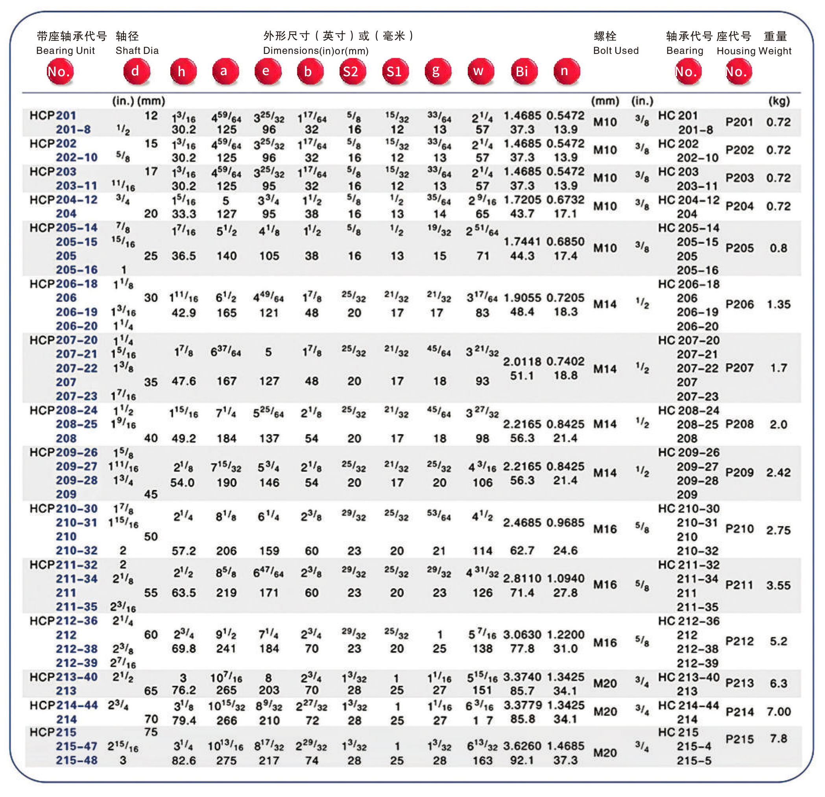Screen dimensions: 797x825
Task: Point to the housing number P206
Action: point(740,304)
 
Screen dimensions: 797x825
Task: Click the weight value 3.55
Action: point(778,585)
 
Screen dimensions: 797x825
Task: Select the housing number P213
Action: point(740,683)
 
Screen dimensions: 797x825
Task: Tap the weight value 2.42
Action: point(778,472)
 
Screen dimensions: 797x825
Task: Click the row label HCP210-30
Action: point(64,508)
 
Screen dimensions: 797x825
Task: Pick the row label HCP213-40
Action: point(64,677)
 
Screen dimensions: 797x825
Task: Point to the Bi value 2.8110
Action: point(522,578)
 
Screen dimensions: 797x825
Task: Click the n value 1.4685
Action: point(565,746)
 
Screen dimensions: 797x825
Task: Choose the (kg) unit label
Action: point(779,101)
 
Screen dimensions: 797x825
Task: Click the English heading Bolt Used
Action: point(615,50)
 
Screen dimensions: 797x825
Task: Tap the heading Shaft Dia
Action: point(137,50)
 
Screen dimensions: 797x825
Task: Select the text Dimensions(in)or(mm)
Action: point(316,51)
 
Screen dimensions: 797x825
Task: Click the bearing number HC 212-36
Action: point(688,621)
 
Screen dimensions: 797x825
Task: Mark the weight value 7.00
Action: point(778,712)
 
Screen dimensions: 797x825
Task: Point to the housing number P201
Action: point(740,122)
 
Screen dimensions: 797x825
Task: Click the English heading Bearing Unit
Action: point(65,50)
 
